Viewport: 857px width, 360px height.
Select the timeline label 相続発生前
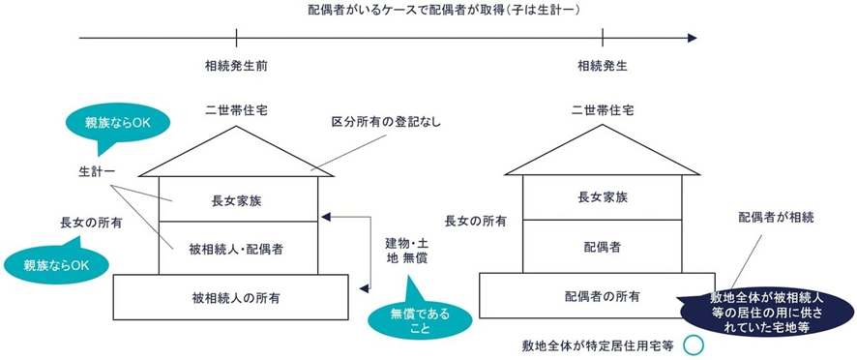[237, 66]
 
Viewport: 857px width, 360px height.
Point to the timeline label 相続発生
[603, 66]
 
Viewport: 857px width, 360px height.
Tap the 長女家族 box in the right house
[603, 199]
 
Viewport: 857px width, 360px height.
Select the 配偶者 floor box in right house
[603, 248]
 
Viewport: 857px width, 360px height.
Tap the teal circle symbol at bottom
[692, 344]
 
